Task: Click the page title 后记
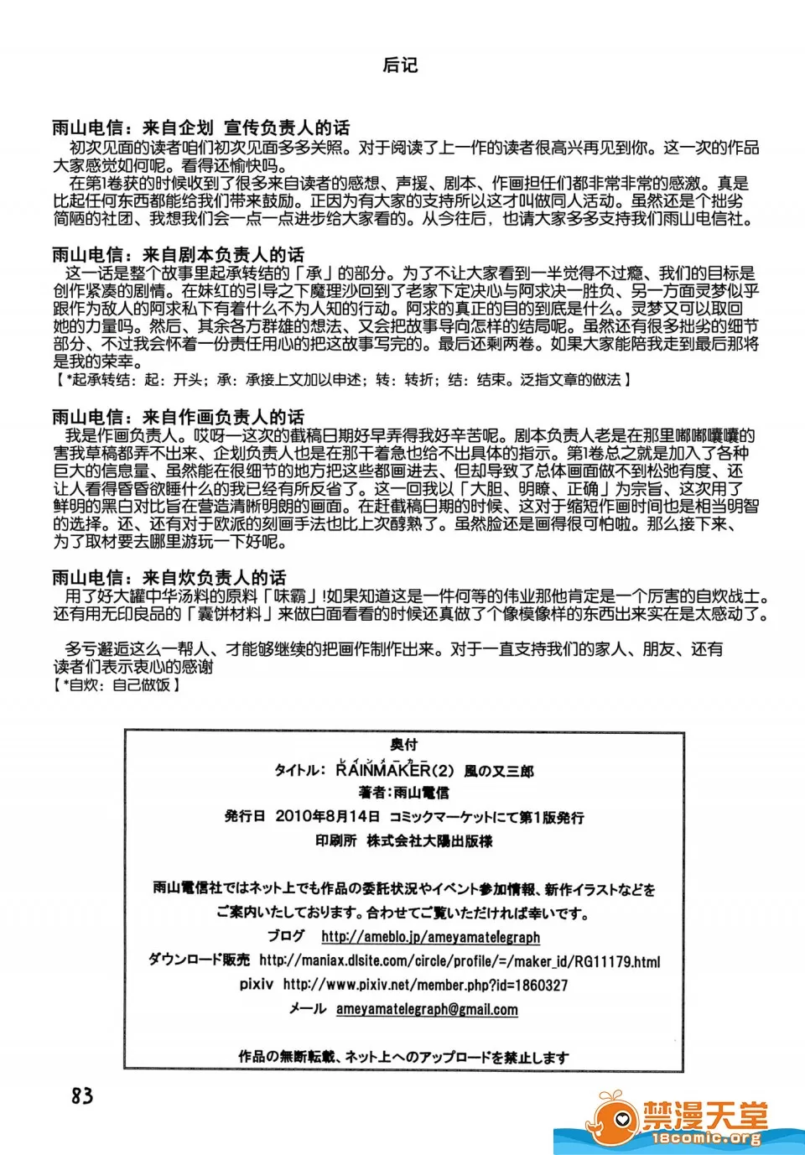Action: point(400,65)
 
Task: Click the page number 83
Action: point(82,1095)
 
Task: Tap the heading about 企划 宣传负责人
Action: point(201,128)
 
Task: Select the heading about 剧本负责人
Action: point(178,255)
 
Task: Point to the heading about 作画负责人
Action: point(178,417)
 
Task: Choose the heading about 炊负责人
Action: point(169,577)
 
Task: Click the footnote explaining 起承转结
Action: point(342,380)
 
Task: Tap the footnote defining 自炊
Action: point(117,684)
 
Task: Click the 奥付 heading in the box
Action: point(403,744)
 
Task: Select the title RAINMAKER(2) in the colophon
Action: point(394,770)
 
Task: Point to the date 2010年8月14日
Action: point(327,816)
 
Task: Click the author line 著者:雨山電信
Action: point(403,792)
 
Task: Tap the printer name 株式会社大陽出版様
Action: point(429,840)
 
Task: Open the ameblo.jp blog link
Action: point(430,937)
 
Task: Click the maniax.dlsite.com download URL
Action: point(460,961)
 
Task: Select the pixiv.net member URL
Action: point(425,985)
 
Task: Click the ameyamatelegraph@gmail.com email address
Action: point(427,1009)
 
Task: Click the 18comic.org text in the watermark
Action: point(706,1138)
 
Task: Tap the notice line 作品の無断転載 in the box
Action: point(403,1057)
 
